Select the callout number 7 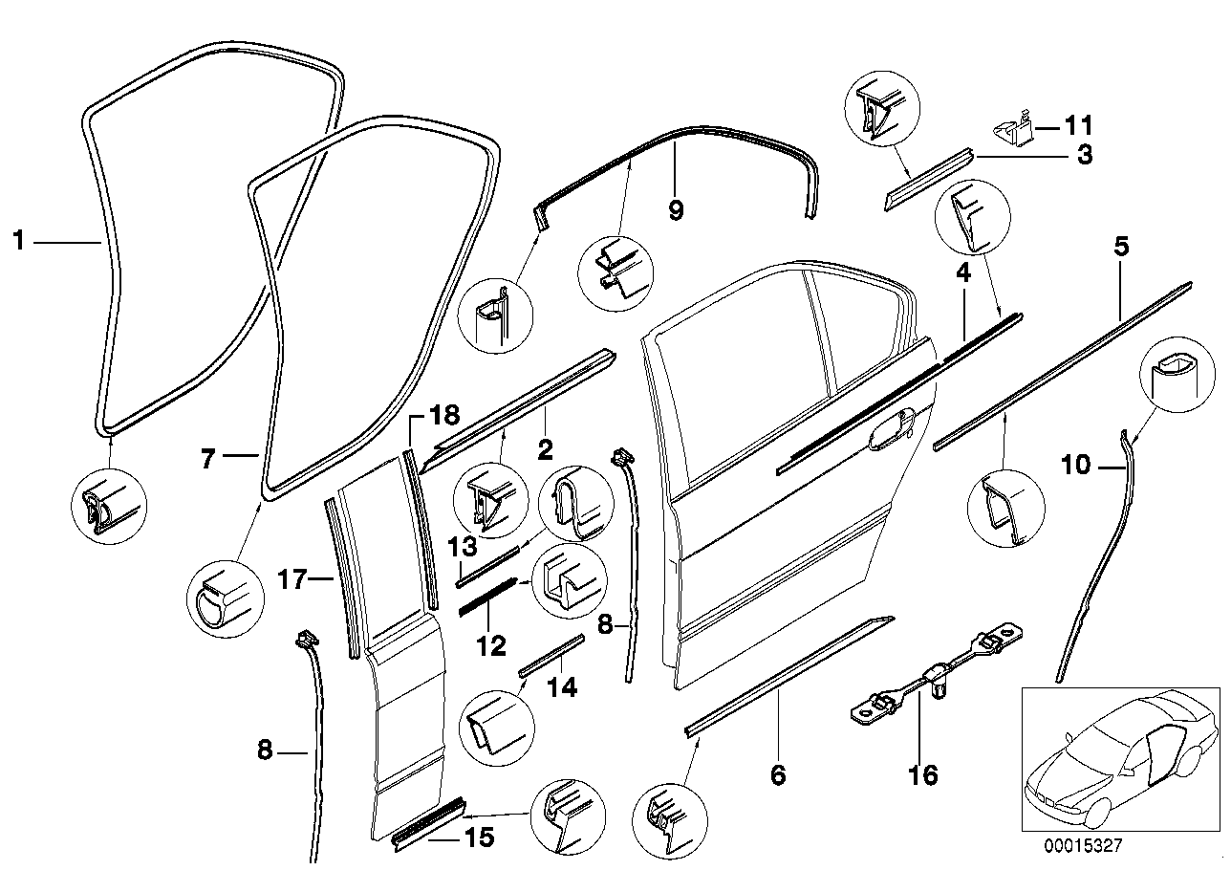207,459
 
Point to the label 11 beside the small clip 1077,125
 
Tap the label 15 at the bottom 478,838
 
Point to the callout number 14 562,687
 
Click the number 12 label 490,647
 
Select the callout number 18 443,415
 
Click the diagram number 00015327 1083,845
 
